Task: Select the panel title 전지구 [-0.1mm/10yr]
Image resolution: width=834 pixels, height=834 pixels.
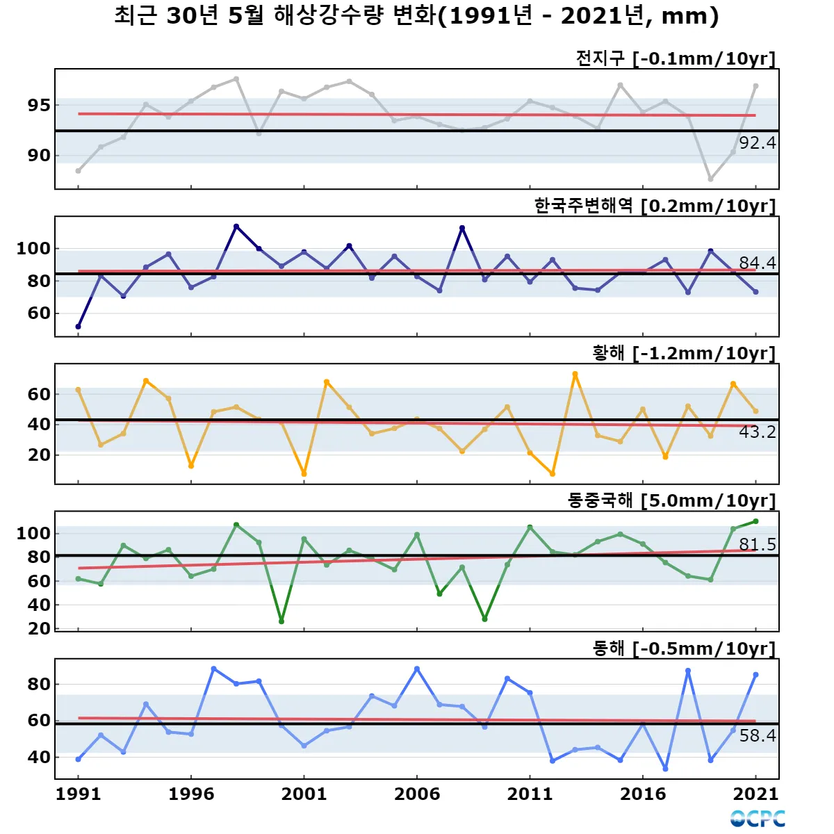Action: pos(675,58)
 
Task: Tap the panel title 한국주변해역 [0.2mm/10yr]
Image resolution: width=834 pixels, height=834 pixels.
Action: pos(655,206)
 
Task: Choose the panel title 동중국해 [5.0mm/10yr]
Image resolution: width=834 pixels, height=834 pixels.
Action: pos(671,501)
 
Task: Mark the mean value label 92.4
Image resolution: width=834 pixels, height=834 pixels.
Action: pos(757,143)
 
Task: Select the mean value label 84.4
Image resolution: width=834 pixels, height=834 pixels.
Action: pos(757,263)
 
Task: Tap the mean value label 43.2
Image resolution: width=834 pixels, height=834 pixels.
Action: pos(757,432)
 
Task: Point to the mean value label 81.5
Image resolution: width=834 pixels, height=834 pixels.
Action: pos(757,545)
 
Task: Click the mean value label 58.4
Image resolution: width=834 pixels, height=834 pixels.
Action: pos(757,736)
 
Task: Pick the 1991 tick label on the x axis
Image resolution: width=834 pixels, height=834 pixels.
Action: pos(78,794)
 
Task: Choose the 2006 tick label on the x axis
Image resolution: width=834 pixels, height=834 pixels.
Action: pos(417,794)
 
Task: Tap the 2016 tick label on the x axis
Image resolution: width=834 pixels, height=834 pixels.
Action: pos(643,794)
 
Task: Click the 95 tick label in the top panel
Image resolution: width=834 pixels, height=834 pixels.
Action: pos(39,106)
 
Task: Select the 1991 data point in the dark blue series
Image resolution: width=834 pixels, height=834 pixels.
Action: pos(78,327)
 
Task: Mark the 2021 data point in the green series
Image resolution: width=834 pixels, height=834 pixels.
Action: pos(755,521)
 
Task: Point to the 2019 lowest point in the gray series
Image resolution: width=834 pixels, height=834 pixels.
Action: pos(710,179)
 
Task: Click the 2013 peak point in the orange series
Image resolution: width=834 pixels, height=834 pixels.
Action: pos(575,374)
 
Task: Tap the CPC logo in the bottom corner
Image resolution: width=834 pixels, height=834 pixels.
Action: pos(758,819)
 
